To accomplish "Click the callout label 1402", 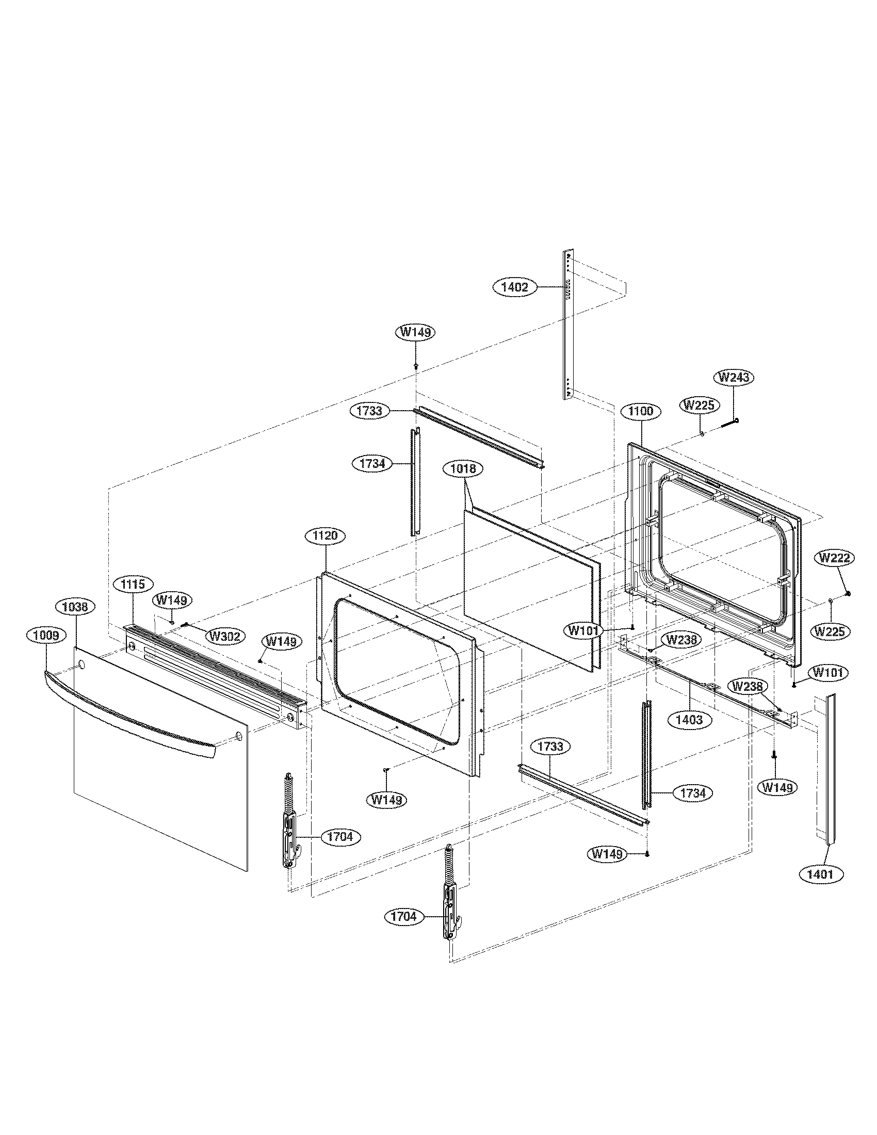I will tap(515, 287).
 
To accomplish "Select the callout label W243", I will tap(734, 377).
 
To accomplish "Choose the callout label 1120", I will tap(325, 536).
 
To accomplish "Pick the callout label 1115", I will tap(133, 584).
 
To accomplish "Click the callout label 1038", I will tap(76, 607).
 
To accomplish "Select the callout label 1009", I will tap(46, 635).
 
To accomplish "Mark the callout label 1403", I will tap(689, 720).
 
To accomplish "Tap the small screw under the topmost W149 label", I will tap(416, 366).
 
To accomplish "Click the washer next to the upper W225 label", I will tap(702, 433).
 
